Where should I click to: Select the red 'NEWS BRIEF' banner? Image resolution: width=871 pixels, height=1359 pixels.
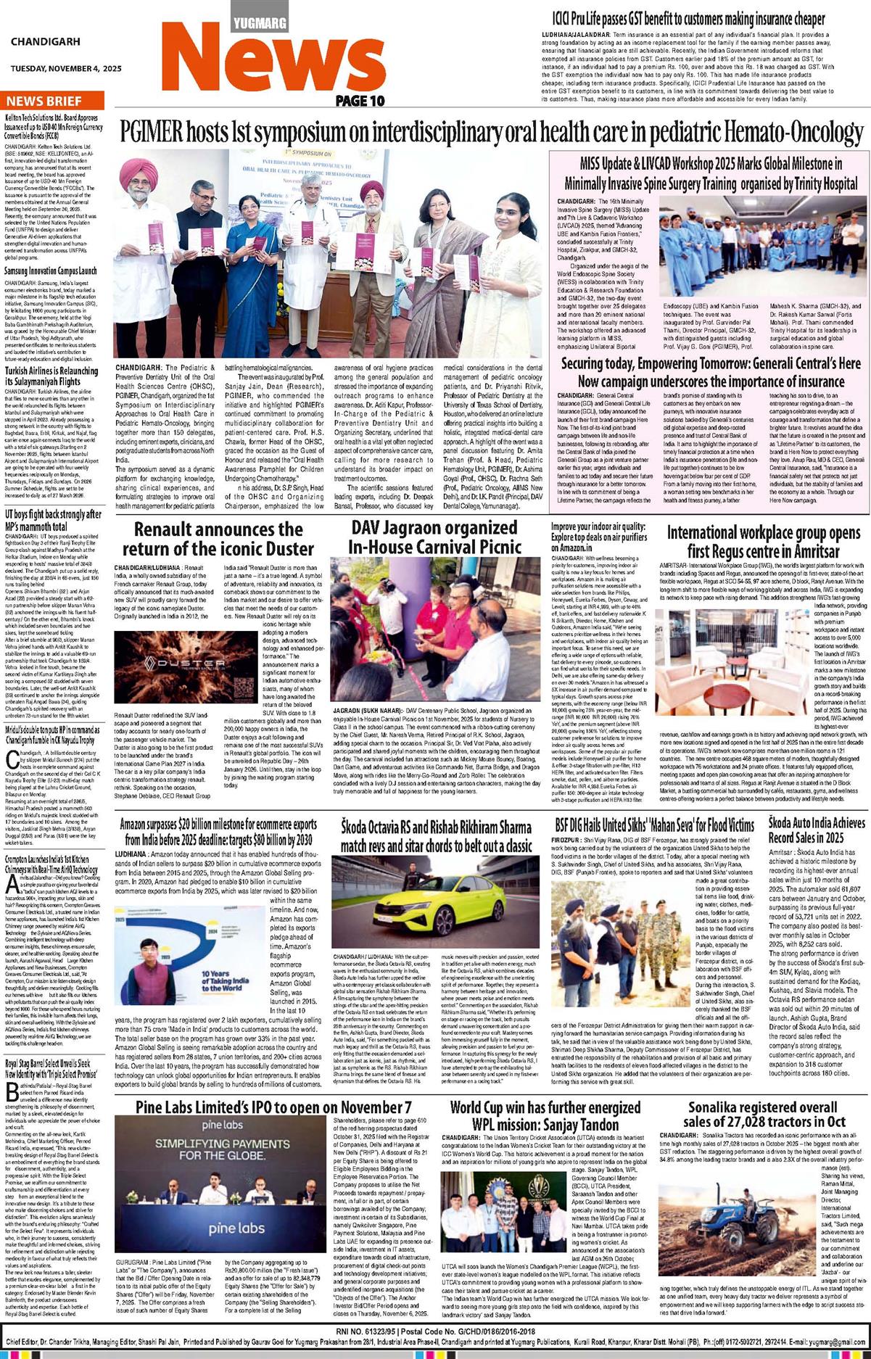click(46, 101)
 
